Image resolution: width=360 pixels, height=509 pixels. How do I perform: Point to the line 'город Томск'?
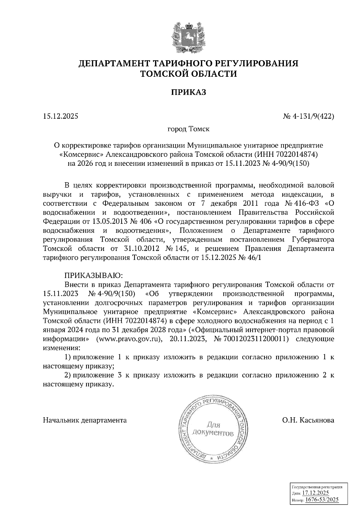point(188,129)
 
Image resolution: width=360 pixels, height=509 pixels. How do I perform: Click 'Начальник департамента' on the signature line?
point(85,420)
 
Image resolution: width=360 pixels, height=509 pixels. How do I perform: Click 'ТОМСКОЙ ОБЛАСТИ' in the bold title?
point(189,74)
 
